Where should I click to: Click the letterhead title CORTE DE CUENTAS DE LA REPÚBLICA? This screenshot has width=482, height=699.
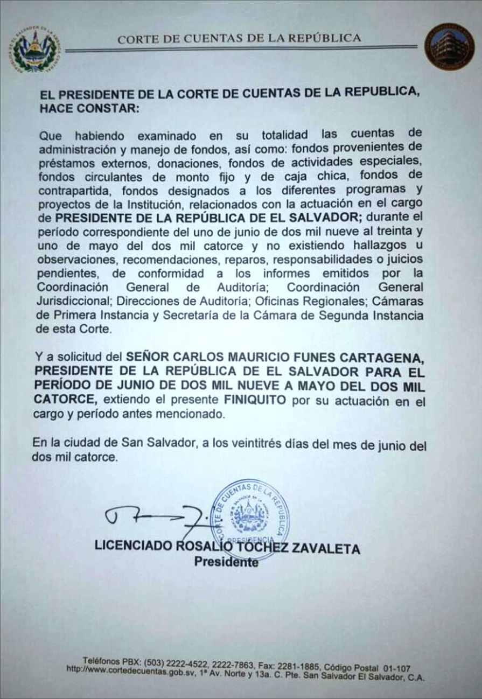pos(239,38)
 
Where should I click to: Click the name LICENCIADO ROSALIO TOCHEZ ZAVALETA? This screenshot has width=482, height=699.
pos(227,548)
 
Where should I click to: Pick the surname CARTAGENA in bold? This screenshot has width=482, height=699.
pos(386,358)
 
